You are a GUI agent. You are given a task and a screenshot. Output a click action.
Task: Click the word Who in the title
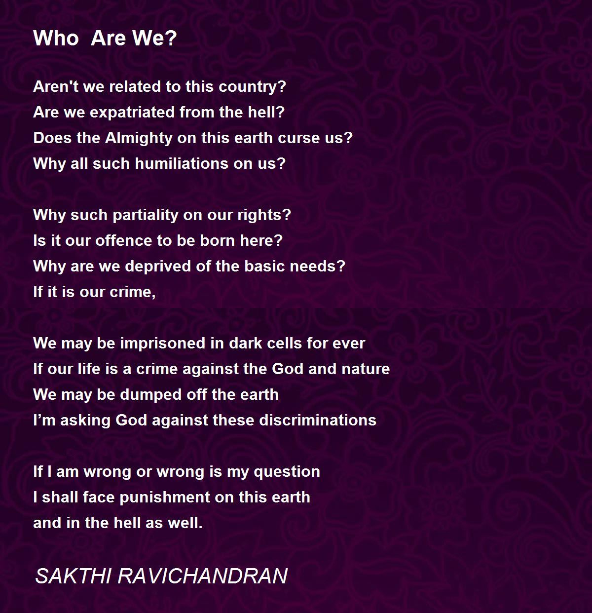click(56, 38)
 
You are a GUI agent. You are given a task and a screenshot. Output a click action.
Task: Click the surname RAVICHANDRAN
click(203, 576)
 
